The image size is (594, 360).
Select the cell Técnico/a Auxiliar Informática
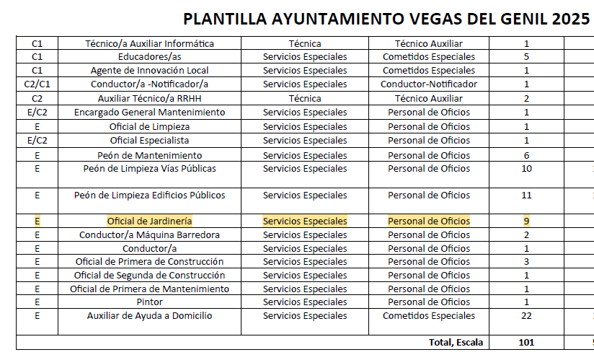[149, 44]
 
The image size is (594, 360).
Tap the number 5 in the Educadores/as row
[527, 56]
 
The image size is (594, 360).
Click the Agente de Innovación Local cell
[149, 71]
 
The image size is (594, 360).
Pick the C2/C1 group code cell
[37, 84]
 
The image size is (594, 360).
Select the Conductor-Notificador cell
[428, 84]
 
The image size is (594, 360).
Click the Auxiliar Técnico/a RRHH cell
[149, 99]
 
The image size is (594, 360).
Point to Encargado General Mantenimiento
[149, 113]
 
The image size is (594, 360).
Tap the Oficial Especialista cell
[149, 141]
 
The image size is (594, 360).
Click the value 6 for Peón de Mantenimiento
[527, 155]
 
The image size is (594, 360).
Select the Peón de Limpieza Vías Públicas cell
[149, 169]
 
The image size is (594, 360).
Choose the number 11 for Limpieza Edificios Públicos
[527, 195]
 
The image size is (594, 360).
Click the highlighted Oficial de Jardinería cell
[149, 221]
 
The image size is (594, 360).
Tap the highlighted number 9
[527, 221]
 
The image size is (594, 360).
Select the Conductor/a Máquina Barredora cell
[149, 234]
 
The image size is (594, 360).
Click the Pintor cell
[149, 302]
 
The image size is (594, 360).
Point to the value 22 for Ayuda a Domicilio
[527, 315]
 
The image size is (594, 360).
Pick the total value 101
[527, 342]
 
